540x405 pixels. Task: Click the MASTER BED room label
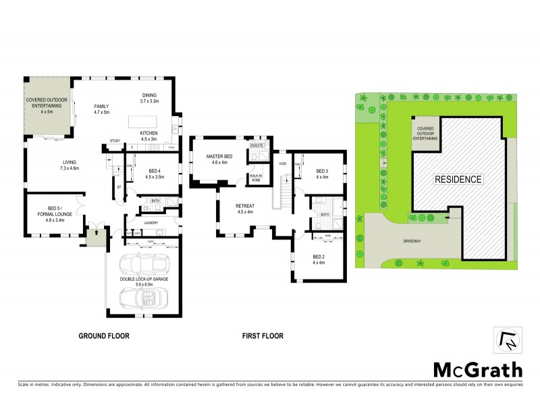tap(218, 157)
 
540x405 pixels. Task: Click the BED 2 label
tap(319, 256)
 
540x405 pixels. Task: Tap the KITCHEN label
tap(149, 133)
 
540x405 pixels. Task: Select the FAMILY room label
tap(101, 106)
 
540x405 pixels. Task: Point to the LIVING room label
tap(69, 162)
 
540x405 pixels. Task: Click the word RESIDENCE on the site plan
tap(458, 180)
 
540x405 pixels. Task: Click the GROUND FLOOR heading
tap(104, 335)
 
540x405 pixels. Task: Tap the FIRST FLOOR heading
tap(263, 335)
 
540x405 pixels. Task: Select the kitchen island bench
tap(144, 120)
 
